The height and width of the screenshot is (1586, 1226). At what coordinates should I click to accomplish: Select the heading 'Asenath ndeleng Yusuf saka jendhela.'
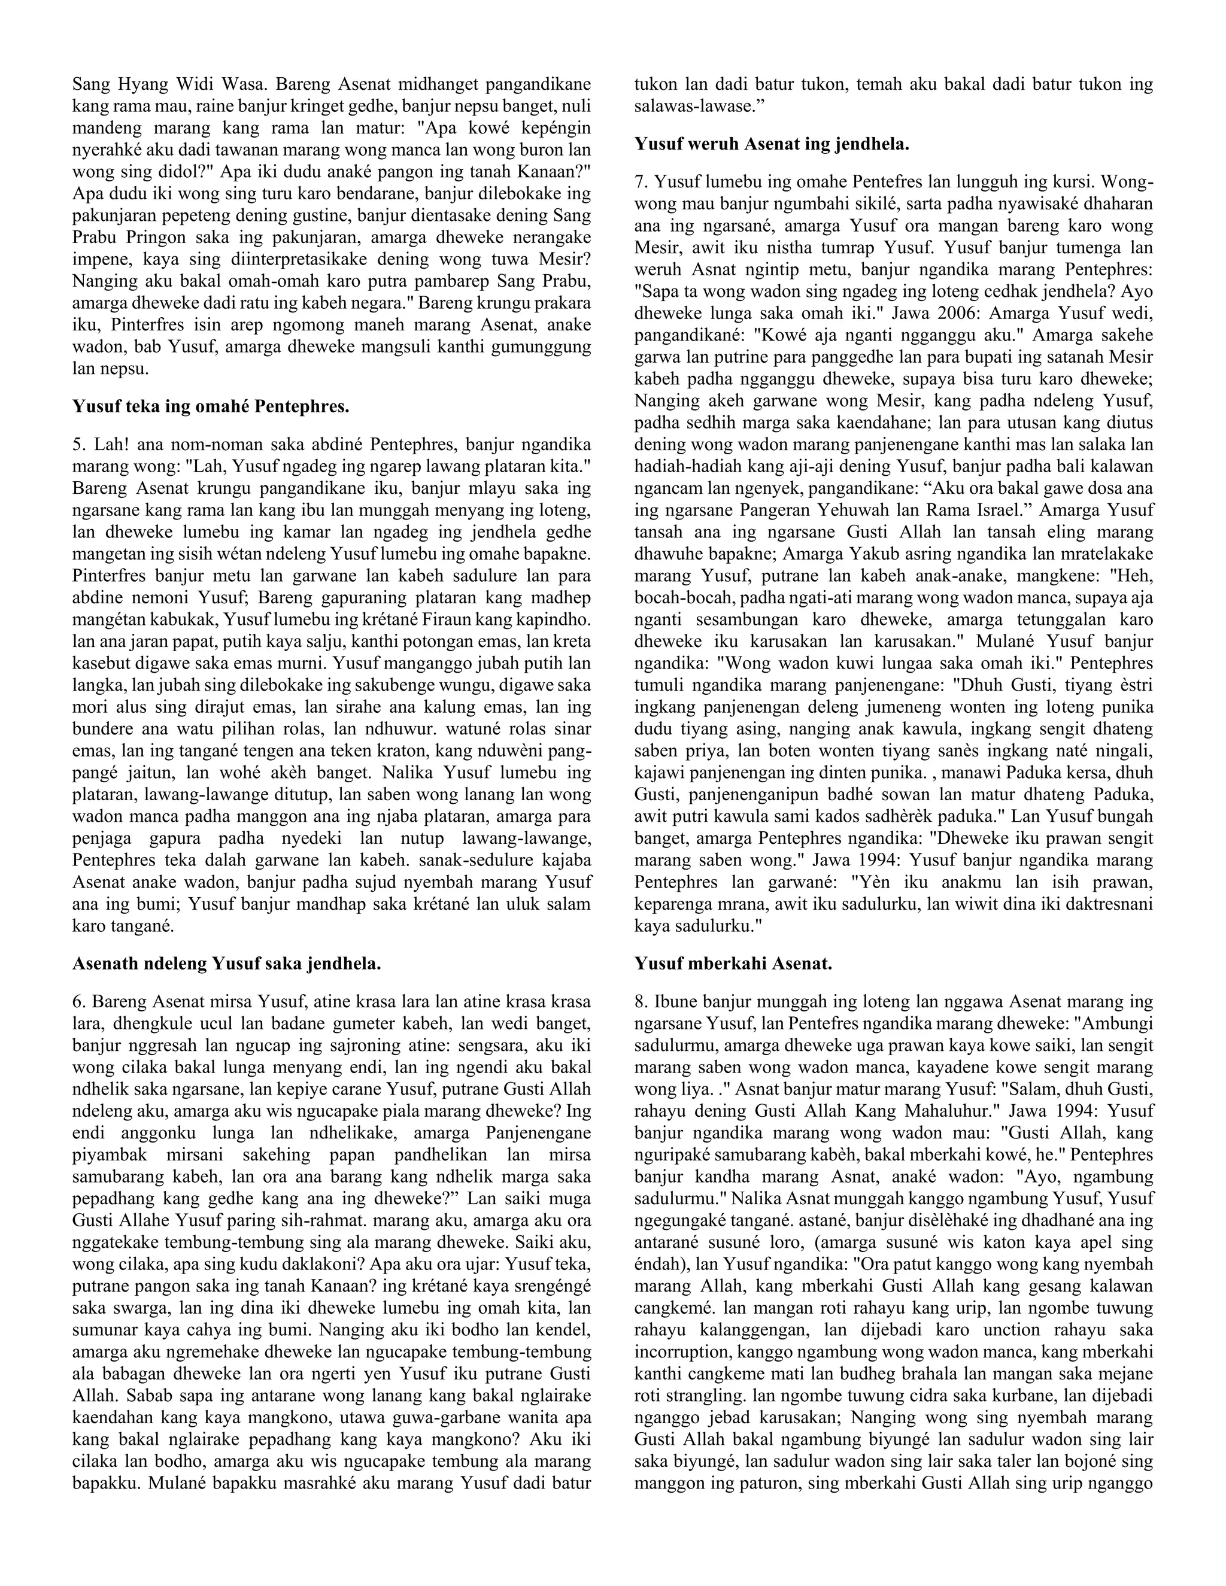pos(227,964)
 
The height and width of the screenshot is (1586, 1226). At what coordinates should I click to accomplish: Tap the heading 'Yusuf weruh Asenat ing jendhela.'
pos(771,144)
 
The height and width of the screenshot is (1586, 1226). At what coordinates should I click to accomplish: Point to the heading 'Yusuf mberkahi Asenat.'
pos(733,964)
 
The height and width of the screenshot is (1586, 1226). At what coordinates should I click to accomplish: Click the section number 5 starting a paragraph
pos(78,445)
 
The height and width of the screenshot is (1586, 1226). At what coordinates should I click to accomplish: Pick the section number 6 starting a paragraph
pos(78,1002)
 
